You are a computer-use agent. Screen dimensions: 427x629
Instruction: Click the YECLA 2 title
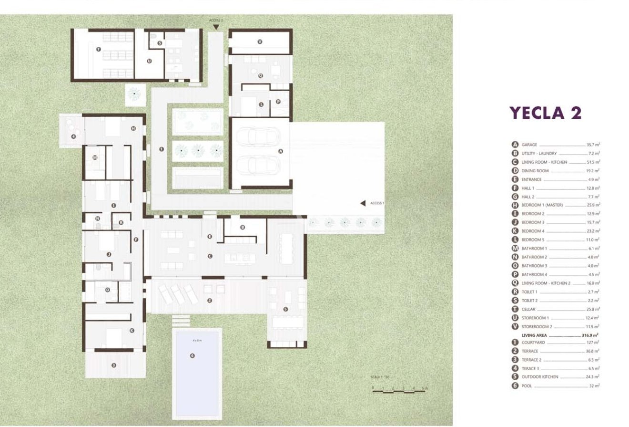tap(546, 113)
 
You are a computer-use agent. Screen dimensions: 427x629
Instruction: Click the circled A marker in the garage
tap(280, 151)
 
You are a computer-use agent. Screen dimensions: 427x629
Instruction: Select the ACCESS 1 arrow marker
tap(362, 203)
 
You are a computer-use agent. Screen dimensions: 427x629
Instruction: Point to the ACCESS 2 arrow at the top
tap(216, 27)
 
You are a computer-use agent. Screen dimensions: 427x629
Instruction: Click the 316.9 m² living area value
tap(590, 335)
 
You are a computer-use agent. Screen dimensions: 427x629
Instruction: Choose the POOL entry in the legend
tap(527, 385)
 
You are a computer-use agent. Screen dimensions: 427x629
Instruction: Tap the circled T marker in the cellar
tap(98, 49)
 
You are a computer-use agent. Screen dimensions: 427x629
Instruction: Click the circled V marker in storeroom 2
tap(260, 42)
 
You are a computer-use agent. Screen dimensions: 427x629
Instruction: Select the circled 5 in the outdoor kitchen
tap(285, 309)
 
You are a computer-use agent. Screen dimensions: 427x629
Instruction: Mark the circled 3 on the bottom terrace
tap(113, 365)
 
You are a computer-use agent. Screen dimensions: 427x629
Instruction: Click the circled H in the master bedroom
tap(133, 128)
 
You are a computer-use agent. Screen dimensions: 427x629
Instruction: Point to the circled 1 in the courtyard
tap(161, 149)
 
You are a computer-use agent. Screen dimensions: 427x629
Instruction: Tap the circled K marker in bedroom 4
tap(132, 330)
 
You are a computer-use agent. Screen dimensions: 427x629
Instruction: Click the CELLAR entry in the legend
tap(528, 309)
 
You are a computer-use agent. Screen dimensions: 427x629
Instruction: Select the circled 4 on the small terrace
tap(73, 137)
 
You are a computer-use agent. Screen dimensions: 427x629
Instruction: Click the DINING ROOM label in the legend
tap(535, 171)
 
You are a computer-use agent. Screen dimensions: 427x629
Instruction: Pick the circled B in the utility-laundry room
tap(243, 227)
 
